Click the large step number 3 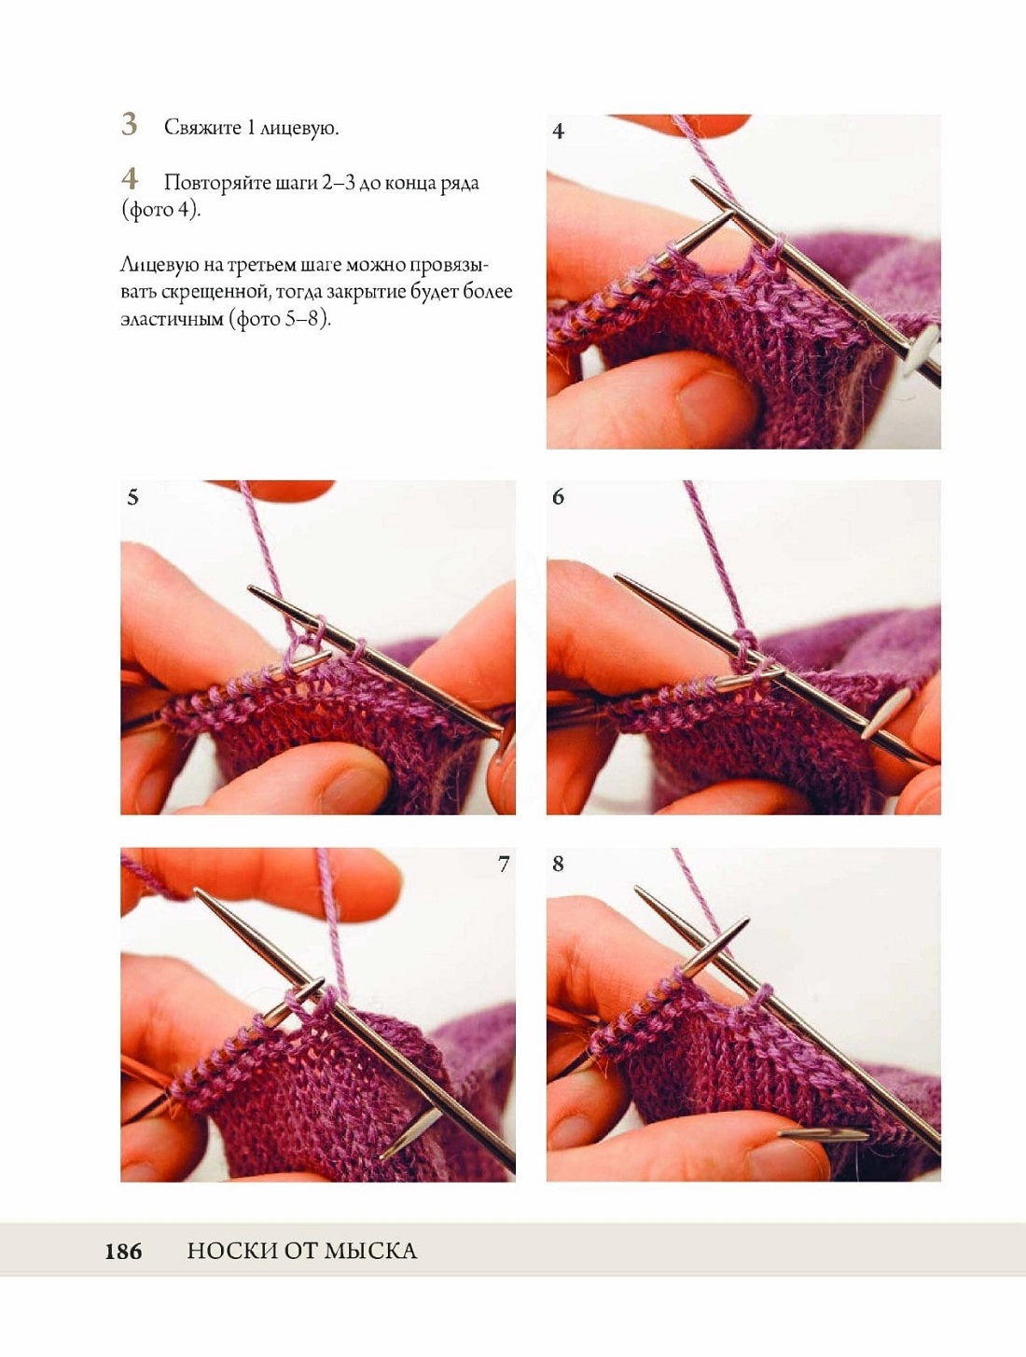click(129, 124)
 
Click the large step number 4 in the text click(130, 179)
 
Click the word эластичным click(172, 320)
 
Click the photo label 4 click(558, 132)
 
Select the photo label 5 click(132, 498)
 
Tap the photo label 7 click(504, 864)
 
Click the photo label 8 click(558, 864)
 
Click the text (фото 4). click(160, 210)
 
